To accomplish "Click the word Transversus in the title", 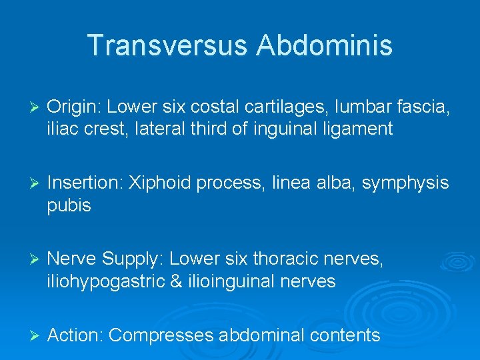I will [x=167, y=45].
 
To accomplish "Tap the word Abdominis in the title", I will [x=325, y=45].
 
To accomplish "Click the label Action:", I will [x=75, y=335].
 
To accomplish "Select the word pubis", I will [x=69, y=206].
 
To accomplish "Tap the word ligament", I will [x=358, y=129].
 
